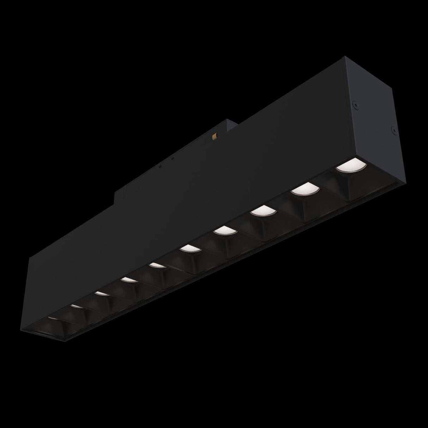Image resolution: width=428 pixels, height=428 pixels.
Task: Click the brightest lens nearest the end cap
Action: point(346,165)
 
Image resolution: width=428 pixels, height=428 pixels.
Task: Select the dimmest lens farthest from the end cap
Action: point(52,318)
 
